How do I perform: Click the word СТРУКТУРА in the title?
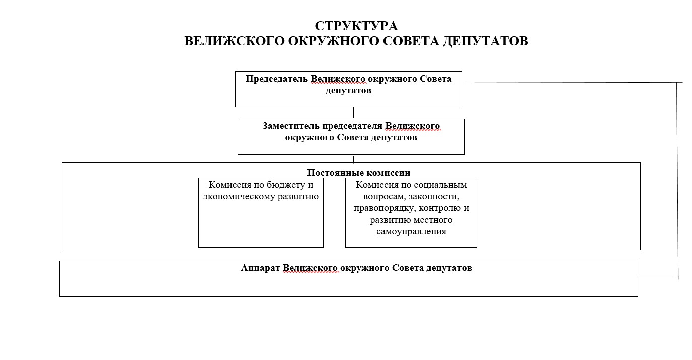click(356, 26)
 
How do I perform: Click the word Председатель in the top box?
click(276, 79)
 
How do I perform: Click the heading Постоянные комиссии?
click(358, 173)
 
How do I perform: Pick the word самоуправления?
click(411, 232)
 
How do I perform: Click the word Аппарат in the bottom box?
click(261, 268)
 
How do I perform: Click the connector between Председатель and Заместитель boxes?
click(353, 113)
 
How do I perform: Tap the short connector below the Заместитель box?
click(353, 159)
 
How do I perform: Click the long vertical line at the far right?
click(677, 181)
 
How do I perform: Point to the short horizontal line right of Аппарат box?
click(657, 277)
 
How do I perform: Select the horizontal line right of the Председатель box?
click(569, 82)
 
